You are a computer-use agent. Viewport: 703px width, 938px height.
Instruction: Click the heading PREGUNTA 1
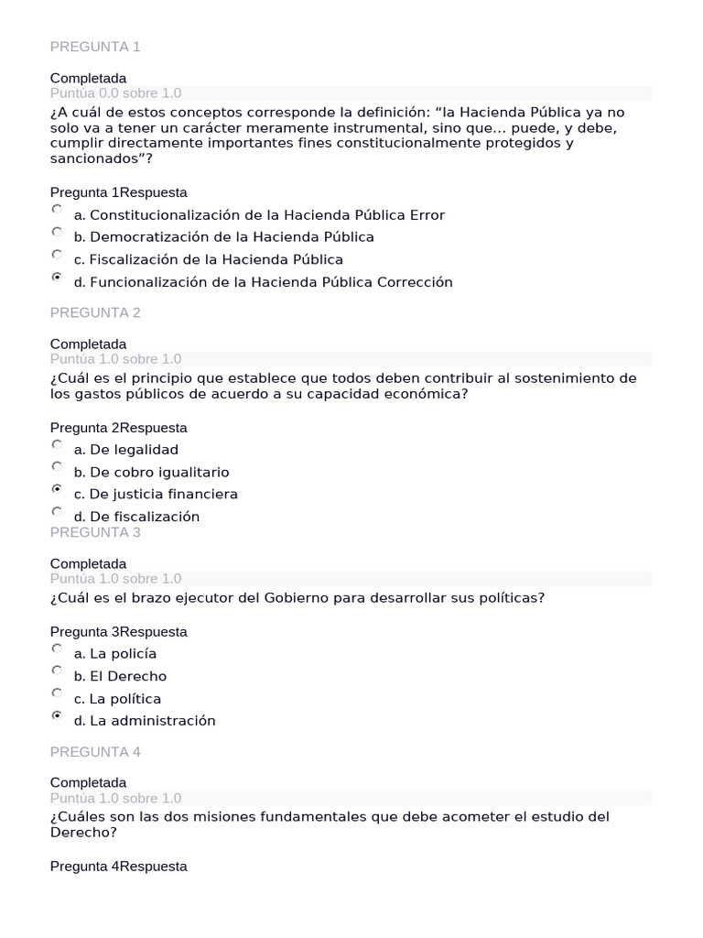95,47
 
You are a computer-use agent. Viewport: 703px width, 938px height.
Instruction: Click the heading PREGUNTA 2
95,312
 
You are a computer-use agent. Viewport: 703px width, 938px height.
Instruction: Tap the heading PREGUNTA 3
95,532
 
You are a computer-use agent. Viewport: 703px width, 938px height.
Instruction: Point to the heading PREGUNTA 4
95,752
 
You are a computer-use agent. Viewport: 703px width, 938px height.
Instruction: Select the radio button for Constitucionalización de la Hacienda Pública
57,210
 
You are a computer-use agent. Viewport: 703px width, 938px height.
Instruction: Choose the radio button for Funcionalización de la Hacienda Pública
57,277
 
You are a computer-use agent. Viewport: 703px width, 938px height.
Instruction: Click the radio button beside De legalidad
57,444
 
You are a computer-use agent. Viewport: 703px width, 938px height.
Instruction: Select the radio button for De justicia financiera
57,489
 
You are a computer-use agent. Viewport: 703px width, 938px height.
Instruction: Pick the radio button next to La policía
57,649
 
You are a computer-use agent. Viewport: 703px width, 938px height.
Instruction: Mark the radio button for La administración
57,715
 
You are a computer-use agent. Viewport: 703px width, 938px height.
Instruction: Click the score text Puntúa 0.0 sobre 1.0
115,93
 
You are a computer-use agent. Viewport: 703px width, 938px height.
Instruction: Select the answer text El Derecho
128,676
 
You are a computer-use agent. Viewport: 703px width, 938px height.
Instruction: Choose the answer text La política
125,699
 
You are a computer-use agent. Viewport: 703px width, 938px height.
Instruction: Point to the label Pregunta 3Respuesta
119,631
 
